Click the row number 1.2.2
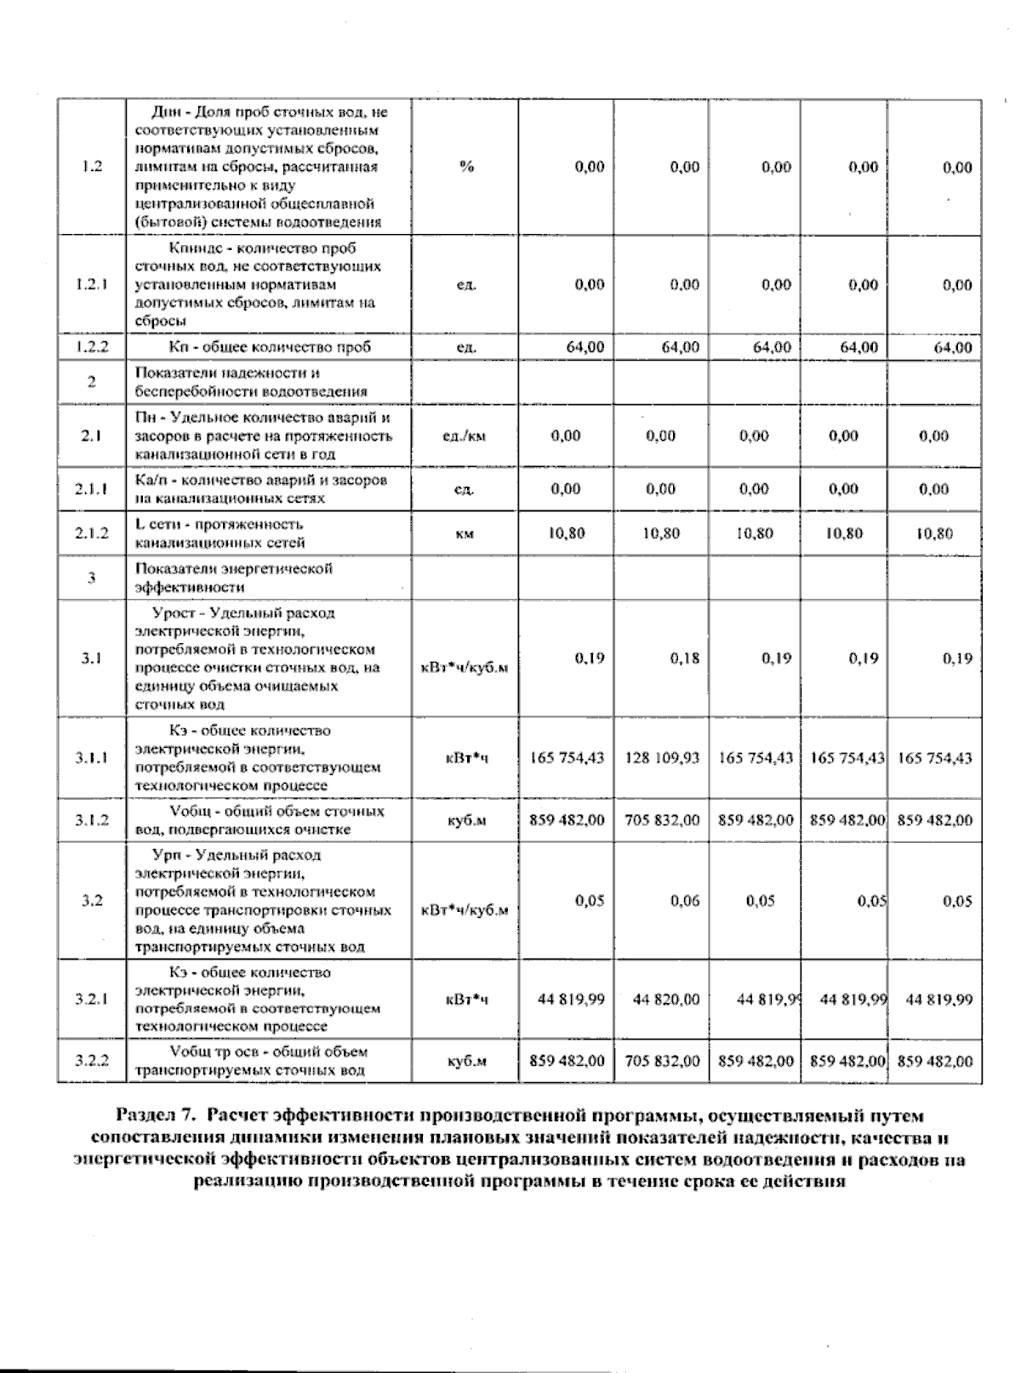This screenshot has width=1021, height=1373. coord(89,347)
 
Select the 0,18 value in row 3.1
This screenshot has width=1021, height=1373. coord(685,658)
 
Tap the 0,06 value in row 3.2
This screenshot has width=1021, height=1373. coord(685,901)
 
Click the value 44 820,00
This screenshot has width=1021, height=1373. coord(666,1000)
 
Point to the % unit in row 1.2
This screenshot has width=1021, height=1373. coord(465,167)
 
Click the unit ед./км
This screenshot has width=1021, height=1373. coord(465,436)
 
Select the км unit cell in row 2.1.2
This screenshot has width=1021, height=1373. coord(465,533)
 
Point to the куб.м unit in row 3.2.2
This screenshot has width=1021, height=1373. coord(465,1061)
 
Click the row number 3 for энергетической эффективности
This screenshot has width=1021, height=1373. coord(91,578)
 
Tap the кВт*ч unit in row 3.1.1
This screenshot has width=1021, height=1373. coord(465,757)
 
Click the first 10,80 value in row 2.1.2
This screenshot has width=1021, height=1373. coord(566,533)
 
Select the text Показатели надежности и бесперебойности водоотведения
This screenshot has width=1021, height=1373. coord(251,382)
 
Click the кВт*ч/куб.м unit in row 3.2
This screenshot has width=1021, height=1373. coord(465,909)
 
